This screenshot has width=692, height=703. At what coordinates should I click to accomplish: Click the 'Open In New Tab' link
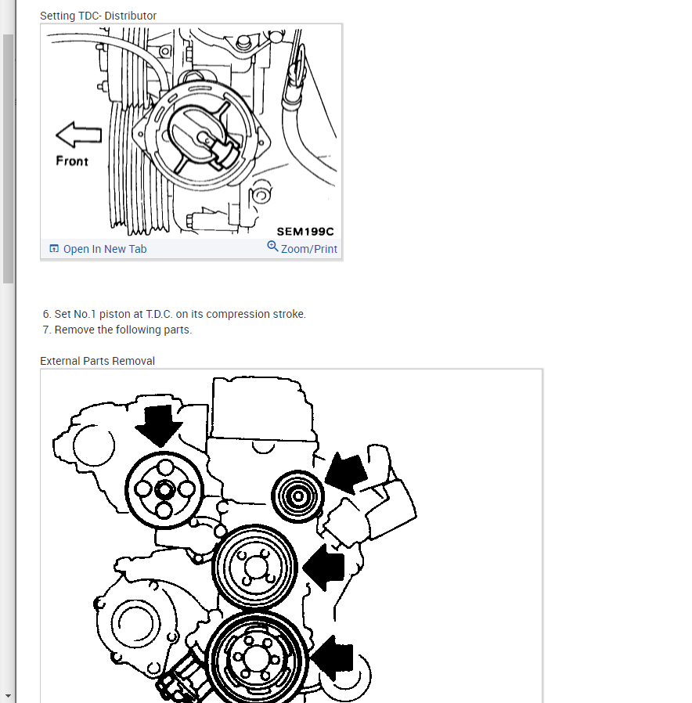[x=104, y=249]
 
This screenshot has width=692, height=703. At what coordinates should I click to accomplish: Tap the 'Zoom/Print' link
[x=308, y=249]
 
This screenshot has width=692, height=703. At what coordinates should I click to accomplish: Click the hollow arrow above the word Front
[x=78, y=135]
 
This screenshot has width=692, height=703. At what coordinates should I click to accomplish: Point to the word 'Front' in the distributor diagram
[x=72, y=160]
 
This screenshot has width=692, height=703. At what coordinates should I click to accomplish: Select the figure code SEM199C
[x=305, y=231]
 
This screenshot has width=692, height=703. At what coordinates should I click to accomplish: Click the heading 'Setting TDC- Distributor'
[x=98, y=16]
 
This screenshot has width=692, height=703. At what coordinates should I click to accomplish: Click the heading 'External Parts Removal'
[x=97, y=361]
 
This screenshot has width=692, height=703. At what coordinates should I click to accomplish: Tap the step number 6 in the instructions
[x=47, y=314]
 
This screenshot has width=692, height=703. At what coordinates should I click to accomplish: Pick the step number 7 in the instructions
[x=47, y=330]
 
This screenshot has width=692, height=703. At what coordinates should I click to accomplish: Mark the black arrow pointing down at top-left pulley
[x=158, y=424]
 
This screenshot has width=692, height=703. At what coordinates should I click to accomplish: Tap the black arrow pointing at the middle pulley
[x=325, y=567]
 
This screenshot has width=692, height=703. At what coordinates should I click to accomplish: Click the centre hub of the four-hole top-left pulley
[x=164, y=490]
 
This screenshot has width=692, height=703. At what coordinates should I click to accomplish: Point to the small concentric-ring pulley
[x=297, y=495]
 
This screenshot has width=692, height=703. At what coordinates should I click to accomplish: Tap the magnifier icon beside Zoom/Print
[x=272, y=247]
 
